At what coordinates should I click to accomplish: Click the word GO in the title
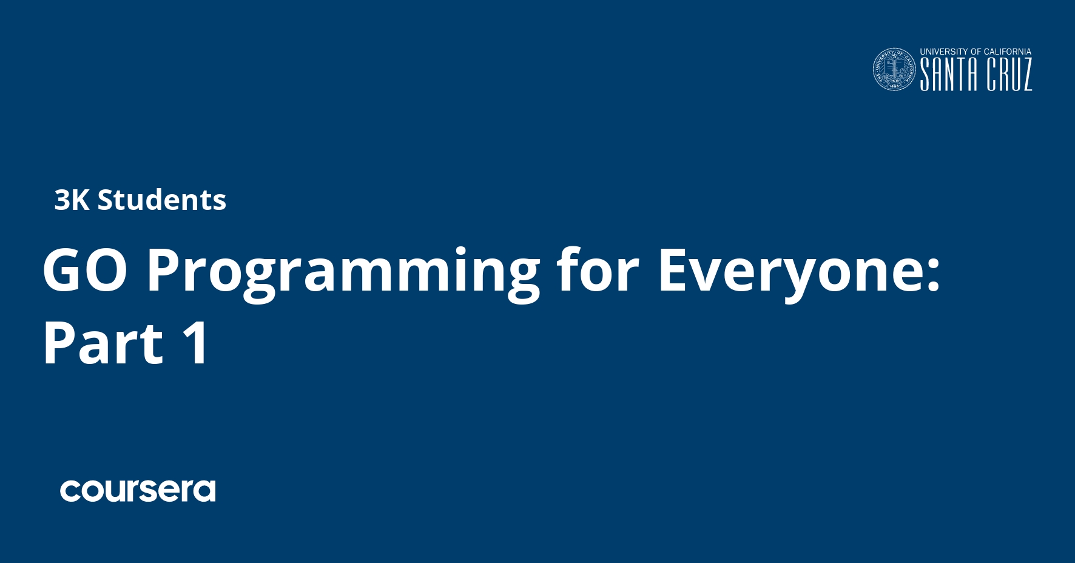pyautogui.click(x=85, y=271)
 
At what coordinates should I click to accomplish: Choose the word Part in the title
pyautogui.click(x=103, y=343)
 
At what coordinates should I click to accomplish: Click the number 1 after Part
pyautogui.click(x=197, y=343)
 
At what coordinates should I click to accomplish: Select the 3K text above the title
pyautogui.click(x=72, y=200)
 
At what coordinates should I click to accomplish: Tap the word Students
pyautogui.click(x=162, y=200)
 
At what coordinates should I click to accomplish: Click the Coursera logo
pyautogui.click(x=138, y=491)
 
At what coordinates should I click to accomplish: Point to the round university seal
pyautogui.click(x=894, y=70)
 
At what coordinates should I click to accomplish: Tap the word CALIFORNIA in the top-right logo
pyautogui.click(x=1008, y=52)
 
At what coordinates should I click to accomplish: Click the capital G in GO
pyautogui.click(x=62, y=271)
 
